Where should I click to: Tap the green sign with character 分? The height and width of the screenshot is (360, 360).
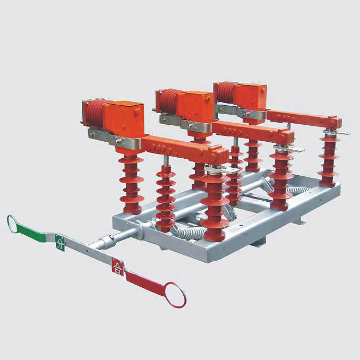point(59,243)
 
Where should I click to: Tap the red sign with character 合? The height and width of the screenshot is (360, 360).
point(117,267)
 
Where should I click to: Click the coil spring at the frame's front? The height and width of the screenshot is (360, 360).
point(190,232)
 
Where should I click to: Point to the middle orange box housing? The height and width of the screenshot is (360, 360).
point(195,108)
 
